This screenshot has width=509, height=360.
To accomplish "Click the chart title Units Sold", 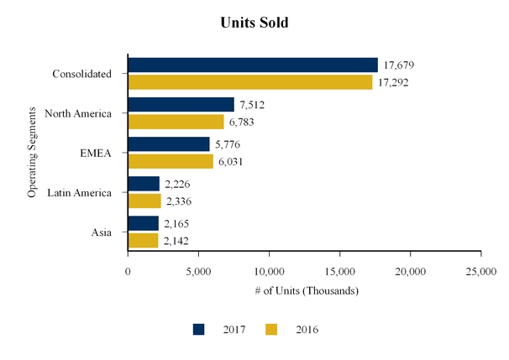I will (254, 23).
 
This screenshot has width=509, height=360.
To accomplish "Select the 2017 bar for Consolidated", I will (252, 65).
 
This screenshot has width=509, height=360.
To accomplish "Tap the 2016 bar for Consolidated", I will (249, 82).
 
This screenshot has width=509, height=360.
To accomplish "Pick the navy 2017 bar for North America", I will (181, 104).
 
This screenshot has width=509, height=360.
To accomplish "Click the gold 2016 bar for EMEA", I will (170, 161).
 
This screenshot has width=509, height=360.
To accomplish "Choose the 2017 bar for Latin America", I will (143, 184).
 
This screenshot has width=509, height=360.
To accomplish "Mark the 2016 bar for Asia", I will (142, 241).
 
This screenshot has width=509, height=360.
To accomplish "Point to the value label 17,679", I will (399, 65).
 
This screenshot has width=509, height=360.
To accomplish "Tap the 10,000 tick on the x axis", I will (269, 271).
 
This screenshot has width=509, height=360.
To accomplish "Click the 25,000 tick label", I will (480, 271).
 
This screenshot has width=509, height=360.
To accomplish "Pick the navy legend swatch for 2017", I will (199, 330).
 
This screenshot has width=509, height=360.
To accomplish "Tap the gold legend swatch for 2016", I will (271, 330).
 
